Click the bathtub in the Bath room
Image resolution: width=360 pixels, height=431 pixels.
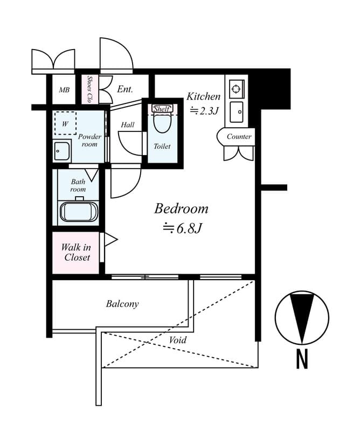[79, 211]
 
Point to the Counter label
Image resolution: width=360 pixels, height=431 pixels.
[239, 137]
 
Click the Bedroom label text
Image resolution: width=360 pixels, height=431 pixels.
[181, 209]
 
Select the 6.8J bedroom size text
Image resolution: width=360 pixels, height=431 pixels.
[183, 229]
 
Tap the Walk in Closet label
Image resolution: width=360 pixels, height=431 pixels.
[76, 252]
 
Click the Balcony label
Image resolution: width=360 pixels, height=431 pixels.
[122, 304]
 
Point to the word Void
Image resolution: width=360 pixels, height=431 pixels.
[178, 340]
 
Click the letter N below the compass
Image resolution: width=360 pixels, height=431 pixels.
[302, 359]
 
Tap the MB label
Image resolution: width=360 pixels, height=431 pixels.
[64, 91]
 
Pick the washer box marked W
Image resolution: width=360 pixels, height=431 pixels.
[65, 123]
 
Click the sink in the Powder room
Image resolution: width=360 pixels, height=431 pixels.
[62, 151]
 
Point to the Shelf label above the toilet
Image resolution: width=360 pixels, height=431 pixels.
[162, 109]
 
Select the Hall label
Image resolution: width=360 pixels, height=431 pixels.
[128, 125]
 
